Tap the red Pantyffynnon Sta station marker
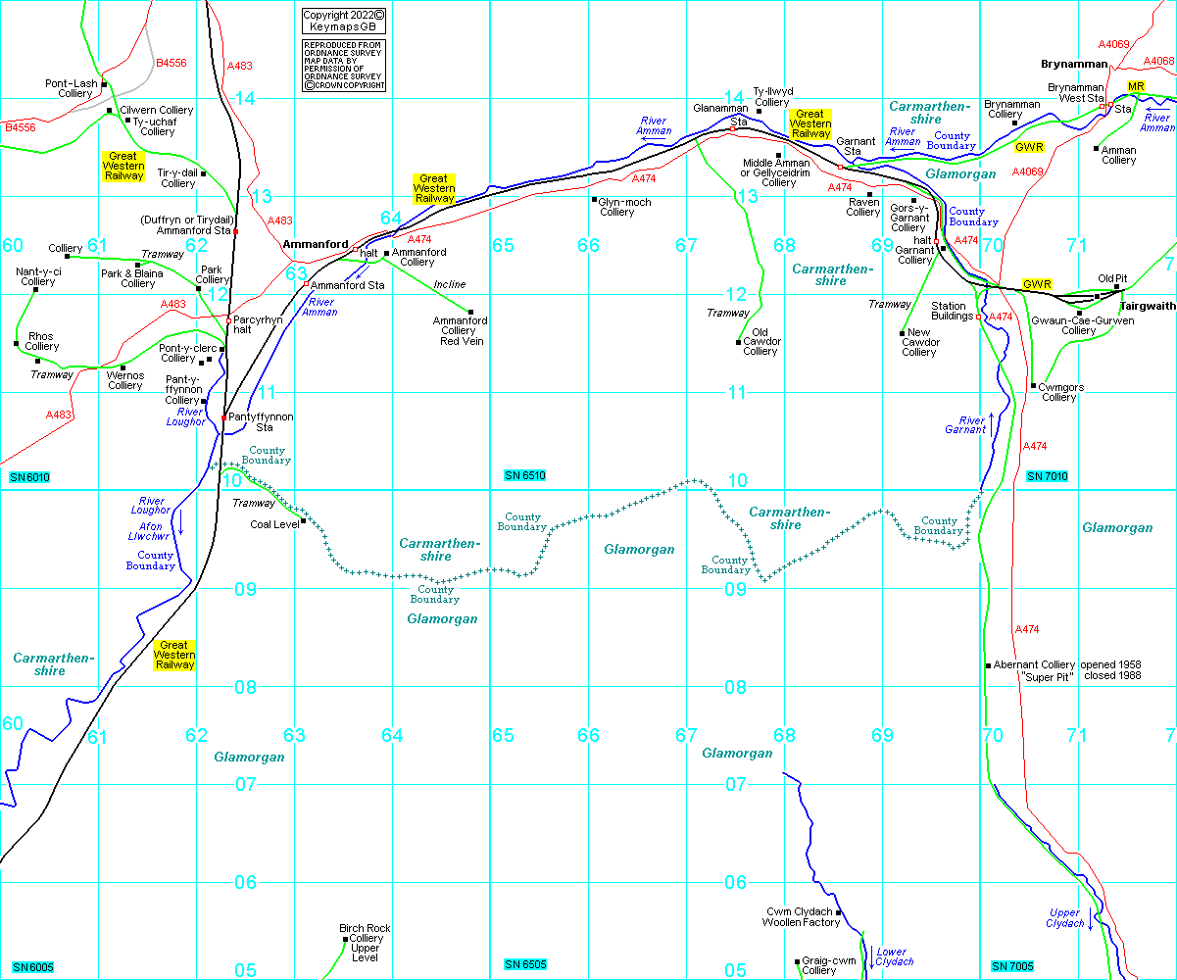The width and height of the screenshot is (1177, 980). pyautogui.click(x=224, y=417)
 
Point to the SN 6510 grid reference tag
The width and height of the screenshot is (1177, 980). pyautogui.click(x=524, y=475)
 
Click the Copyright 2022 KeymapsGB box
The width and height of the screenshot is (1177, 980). pyautogui.click(x=343, y=22)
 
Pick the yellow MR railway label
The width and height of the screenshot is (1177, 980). pyautogui.click(x=1136, y=87)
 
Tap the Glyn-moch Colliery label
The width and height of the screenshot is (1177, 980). pyautogui.click(x=617, y=207)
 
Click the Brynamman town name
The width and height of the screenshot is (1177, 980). pyautogui.click(x=1074, y=65)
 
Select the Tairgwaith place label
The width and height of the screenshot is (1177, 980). pyautogui.click(x=1148, y=306)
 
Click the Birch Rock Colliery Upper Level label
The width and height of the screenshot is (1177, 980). pyautogui.click(x=365, y=943)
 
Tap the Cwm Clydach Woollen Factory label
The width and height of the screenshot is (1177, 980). pyautogui.click(x=803, y=917)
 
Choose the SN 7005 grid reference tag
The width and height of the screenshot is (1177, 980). pyautogui.click(x=1012, y=966)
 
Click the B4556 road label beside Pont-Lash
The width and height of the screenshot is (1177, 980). pyautogui.click(x=171, y=62)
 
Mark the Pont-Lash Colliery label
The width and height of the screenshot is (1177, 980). pyautogui.click(x=72, y=88)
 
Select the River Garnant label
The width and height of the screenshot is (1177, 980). pyautogui.click(x=964, y=425)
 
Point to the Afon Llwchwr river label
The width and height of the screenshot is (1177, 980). pyautogui.click(x=149, y=531)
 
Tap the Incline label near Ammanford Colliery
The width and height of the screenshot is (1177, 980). pyautogui.click(x=450, y=284)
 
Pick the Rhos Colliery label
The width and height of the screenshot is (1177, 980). pyautogui.click(x=41, y=341)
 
